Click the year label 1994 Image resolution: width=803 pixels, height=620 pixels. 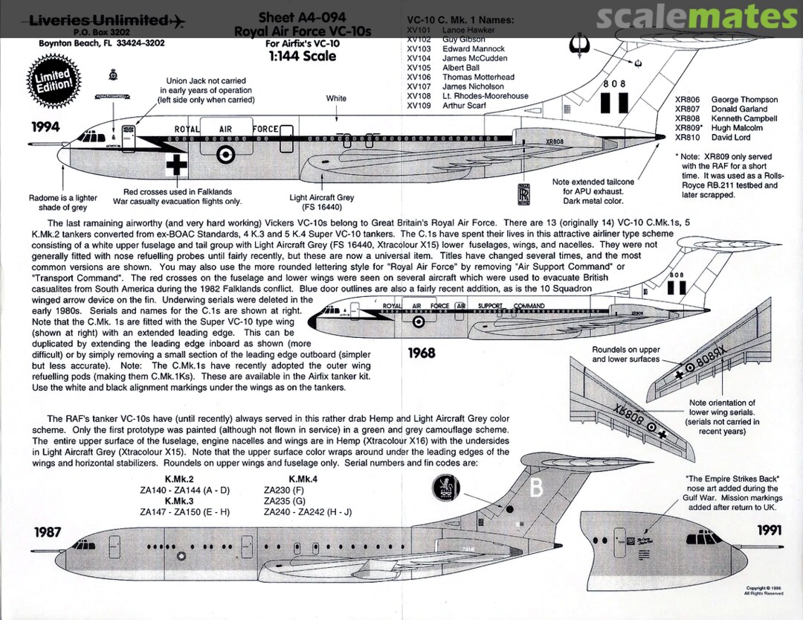(45, 127)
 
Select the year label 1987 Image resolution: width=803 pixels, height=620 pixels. (46, 532)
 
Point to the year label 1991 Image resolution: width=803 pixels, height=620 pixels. (771, 530)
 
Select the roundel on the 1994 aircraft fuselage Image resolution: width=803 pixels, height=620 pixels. (225, 155)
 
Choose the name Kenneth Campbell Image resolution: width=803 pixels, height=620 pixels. (744, 118)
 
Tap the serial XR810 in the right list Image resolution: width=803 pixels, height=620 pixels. (687, 138)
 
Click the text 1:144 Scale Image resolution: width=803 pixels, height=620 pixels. (298, 56)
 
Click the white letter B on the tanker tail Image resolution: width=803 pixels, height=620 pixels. (537, 489)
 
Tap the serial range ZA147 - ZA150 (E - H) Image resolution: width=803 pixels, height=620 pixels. (184, 512)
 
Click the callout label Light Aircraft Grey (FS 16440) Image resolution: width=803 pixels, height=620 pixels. (322, 202)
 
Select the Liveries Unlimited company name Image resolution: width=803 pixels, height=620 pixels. (99, 20)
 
